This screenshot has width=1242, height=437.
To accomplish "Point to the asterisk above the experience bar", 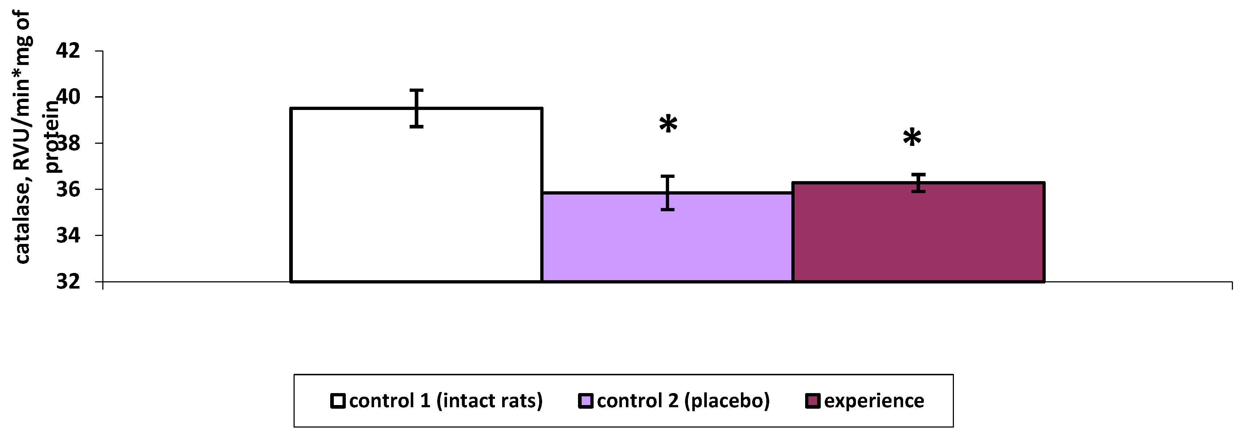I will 912,138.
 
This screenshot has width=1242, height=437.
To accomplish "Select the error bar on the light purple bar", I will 667,193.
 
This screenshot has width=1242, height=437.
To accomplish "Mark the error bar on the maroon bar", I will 918,183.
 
